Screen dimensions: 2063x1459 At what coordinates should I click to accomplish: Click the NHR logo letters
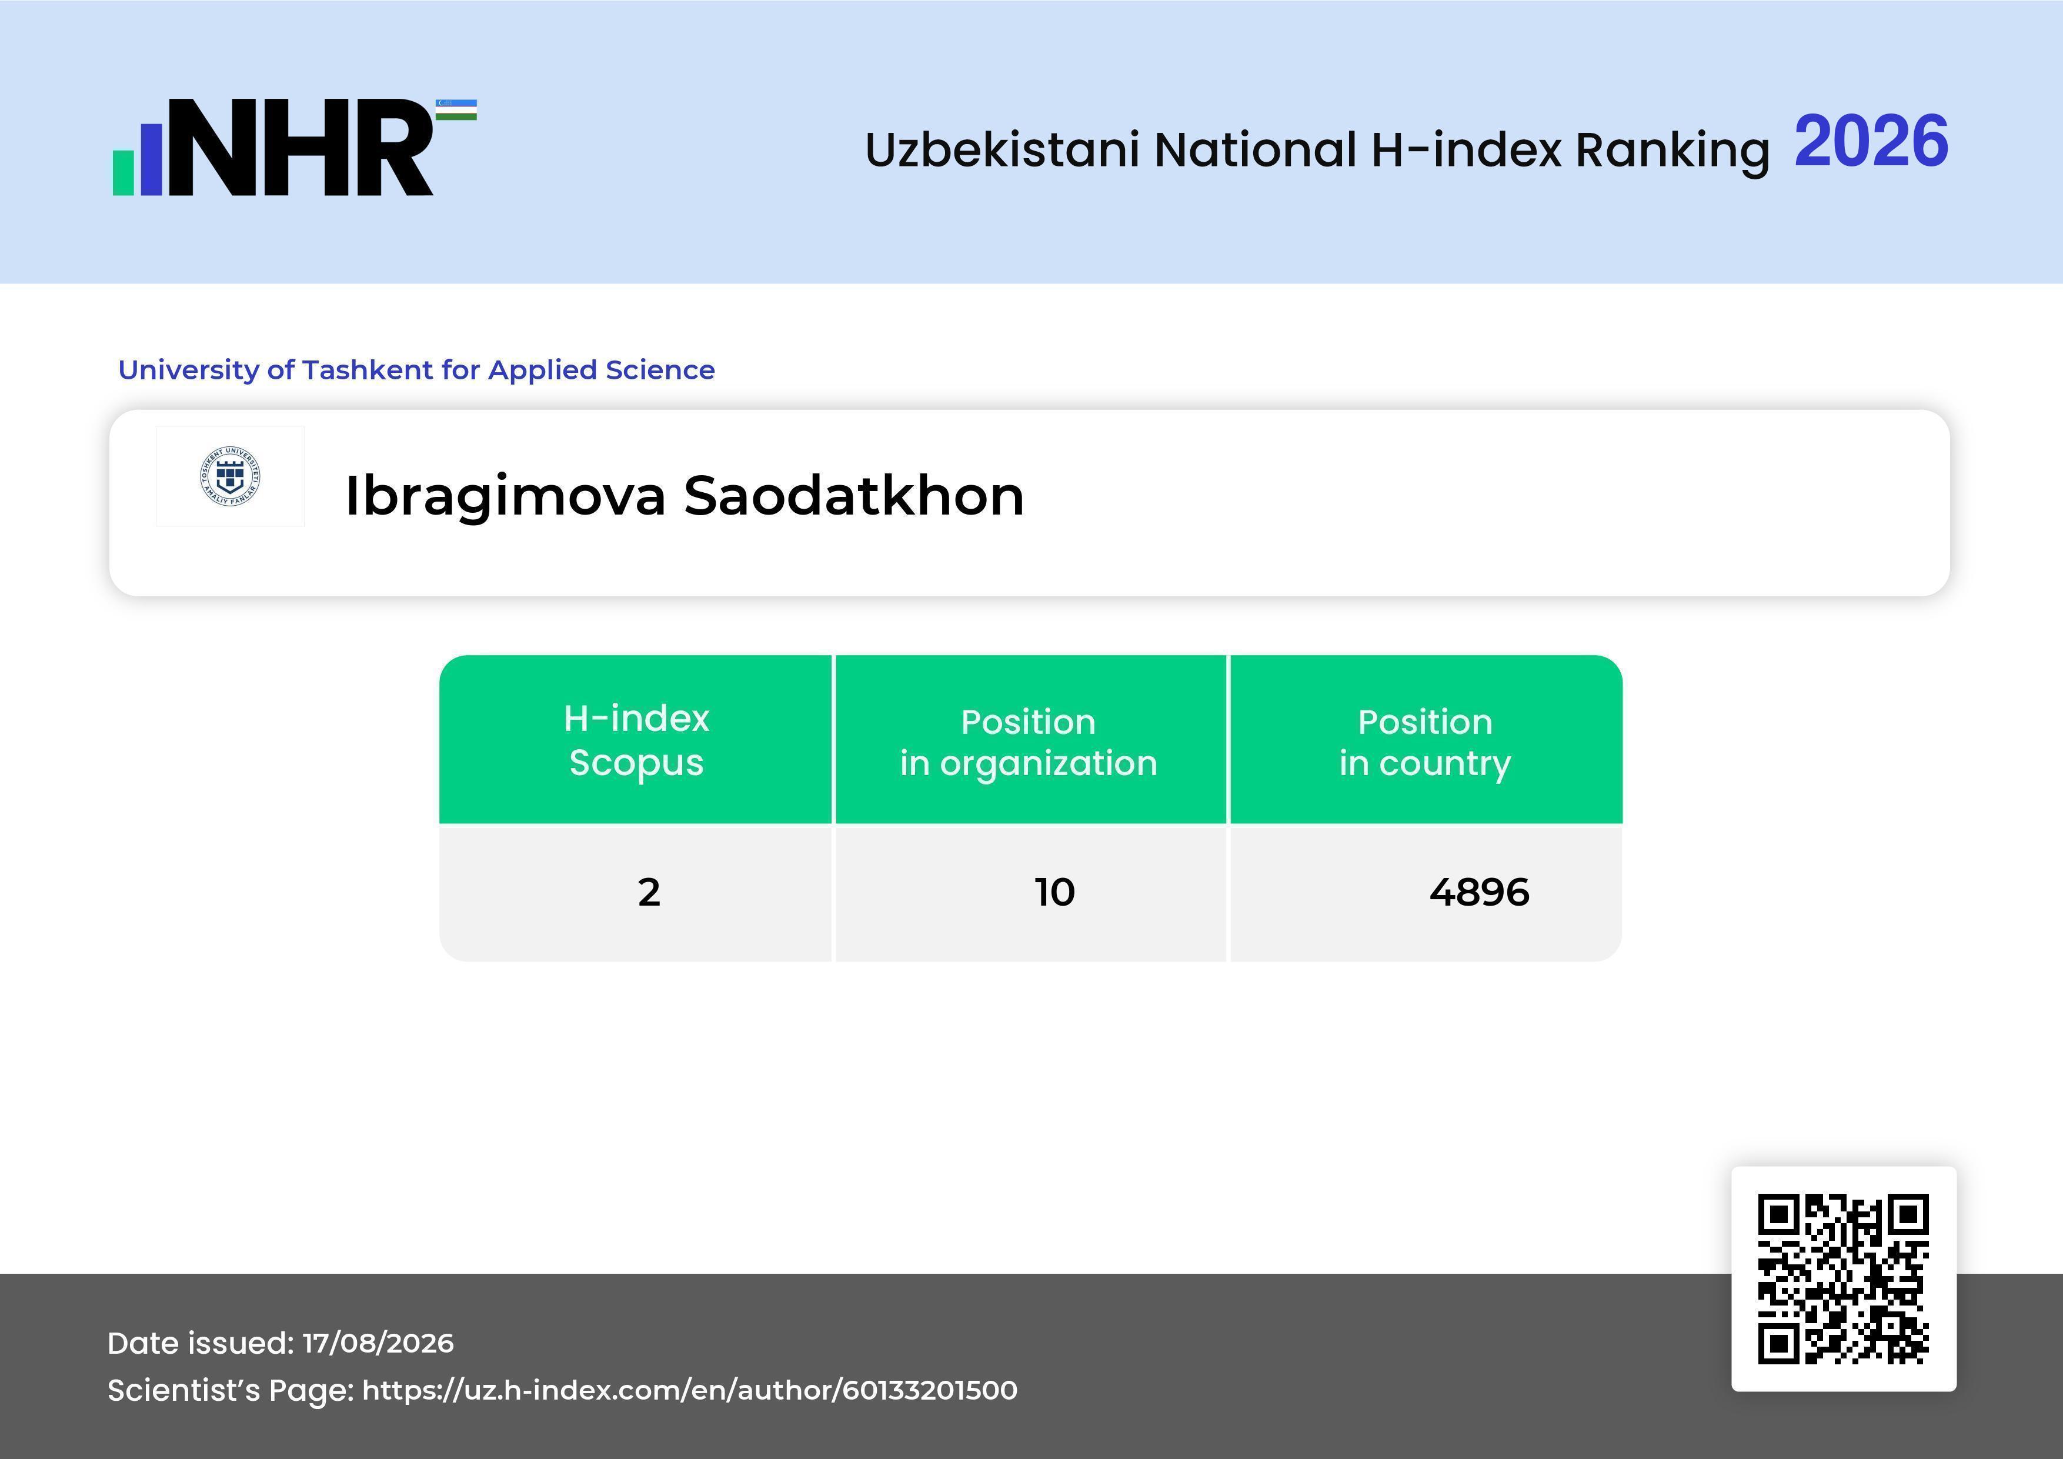click(301, 148)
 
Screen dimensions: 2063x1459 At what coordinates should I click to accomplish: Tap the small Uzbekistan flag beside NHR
click(456, 109)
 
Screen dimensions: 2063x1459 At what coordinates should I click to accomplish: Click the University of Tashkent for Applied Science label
click(416, 369)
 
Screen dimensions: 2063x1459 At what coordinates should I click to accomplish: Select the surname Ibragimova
click(506, 496)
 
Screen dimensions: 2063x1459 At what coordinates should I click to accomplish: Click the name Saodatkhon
click(853, 495)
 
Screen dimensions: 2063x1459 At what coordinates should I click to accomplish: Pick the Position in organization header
click(1029, 742)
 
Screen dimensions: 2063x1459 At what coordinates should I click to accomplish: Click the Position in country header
click(1425, 742)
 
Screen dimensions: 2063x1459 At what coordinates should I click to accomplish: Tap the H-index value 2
click(649, 892)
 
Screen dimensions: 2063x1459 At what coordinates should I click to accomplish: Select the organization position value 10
click(1054, 892)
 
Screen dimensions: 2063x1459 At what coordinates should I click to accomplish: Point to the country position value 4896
click(1479, 892)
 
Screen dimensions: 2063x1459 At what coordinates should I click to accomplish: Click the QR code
click(1844, 1278)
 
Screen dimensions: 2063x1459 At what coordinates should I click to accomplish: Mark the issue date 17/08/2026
click(378, 1343)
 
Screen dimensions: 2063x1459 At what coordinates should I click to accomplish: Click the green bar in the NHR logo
click(123, 172)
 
